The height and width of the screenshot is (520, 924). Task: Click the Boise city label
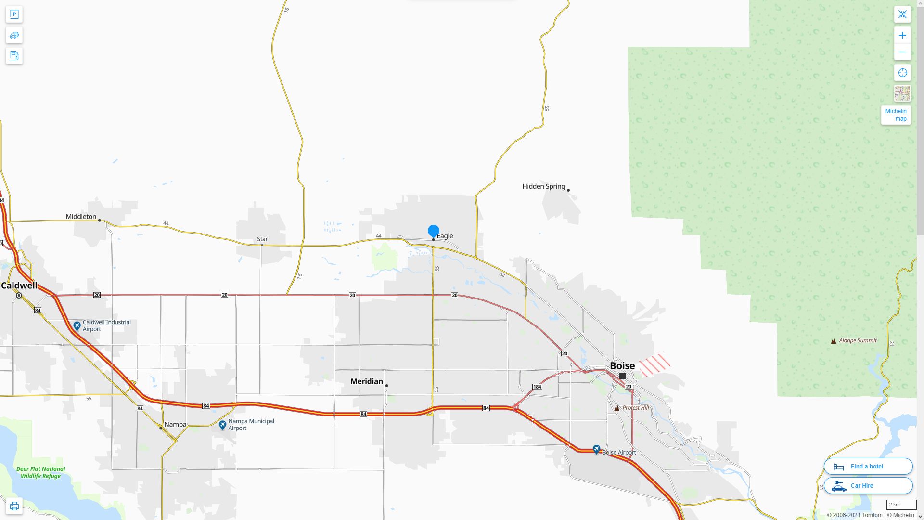(x=622, y=366)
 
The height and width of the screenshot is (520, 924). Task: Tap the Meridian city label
(x=367, y=381)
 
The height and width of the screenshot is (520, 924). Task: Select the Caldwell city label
(x=19, y=286)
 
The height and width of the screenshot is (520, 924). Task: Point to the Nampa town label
(x=175, y=425)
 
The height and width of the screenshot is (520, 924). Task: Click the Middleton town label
(x=81, y=217)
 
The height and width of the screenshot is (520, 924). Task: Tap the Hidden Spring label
(x=544, y=186)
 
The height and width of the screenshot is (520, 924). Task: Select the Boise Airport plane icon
(x=597, y=450)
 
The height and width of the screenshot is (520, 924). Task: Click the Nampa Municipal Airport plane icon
(x=222, y=425)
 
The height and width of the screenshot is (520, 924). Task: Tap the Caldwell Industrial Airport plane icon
(x=77, y=326)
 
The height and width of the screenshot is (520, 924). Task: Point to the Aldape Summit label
(x=858, y=340)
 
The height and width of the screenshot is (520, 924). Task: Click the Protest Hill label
(x=635, y=408)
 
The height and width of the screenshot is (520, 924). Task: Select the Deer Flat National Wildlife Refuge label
(x=41, y=472)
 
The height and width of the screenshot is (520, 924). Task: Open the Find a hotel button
(x=868, y=467)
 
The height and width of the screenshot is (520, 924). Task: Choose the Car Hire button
(x=868, y=486)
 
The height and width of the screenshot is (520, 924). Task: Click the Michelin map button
(x=896, y=115)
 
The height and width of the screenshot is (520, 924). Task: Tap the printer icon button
(x=14, y=506)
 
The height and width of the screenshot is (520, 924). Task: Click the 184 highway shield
(x=537, y=387)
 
